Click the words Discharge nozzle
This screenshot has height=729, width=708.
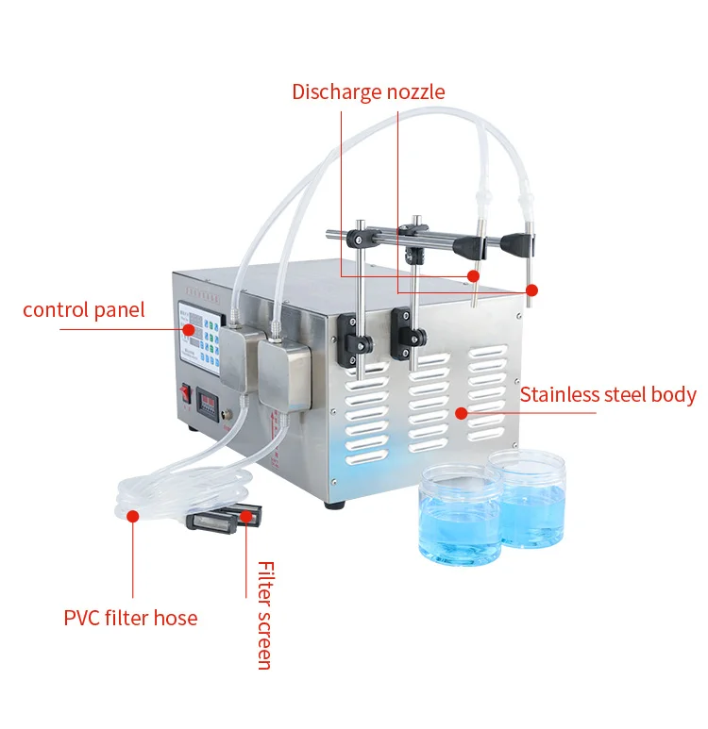368,91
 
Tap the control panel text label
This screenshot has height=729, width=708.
84,309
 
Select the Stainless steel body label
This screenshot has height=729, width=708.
608,394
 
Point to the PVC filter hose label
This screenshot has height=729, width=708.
131,619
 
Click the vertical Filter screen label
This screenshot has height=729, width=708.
265,615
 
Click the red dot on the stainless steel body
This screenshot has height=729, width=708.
462,412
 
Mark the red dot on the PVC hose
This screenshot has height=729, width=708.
133,516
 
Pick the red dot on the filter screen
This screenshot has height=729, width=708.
248,515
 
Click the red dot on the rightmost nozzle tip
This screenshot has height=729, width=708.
531,290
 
